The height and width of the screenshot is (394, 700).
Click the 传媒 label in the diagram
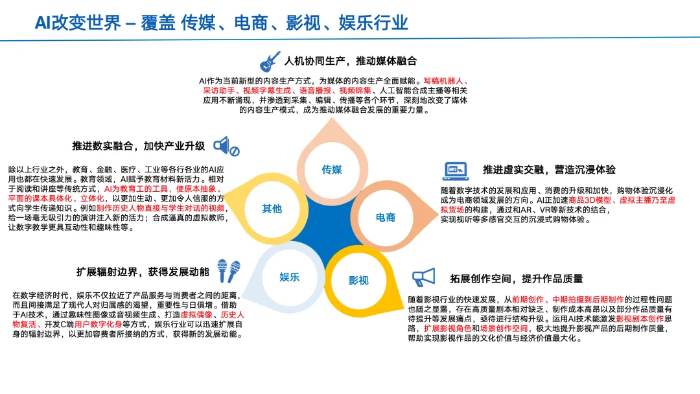tap(332, 170)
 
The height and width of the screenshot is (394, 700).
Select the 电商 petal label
tap(386, 217)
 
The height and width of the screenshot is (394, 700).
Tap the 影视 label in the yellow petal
tap(358, 281)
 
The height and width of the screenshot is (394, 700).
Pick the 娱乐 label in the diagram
tap(290, 277)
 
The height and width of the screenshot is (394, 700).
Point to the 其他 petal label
tap(272, 209)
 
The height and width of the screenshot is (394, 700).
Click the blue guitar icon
tap(270, 61)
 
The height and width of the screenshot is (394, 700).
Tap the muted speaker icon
tap(226, 146)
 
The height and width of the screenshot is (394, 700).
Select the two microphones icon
tap(229, 271)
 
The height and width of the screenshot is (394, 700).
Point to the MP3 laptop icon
tap(455, 170)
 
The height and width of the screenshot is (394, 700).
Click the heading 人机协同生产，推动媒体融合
tap(351, 61)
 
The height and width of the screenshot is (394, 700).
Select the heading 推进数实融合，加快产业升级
tap(139, 146)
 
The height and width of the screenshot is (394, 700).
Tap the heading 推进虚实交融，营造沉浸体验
tap(549, 170)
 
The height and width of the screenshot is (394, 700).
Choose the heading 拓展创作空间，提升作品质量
tap(517, 279)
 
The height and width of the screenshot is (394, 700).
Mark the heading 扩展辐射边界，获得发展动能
tap(143, 272)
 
